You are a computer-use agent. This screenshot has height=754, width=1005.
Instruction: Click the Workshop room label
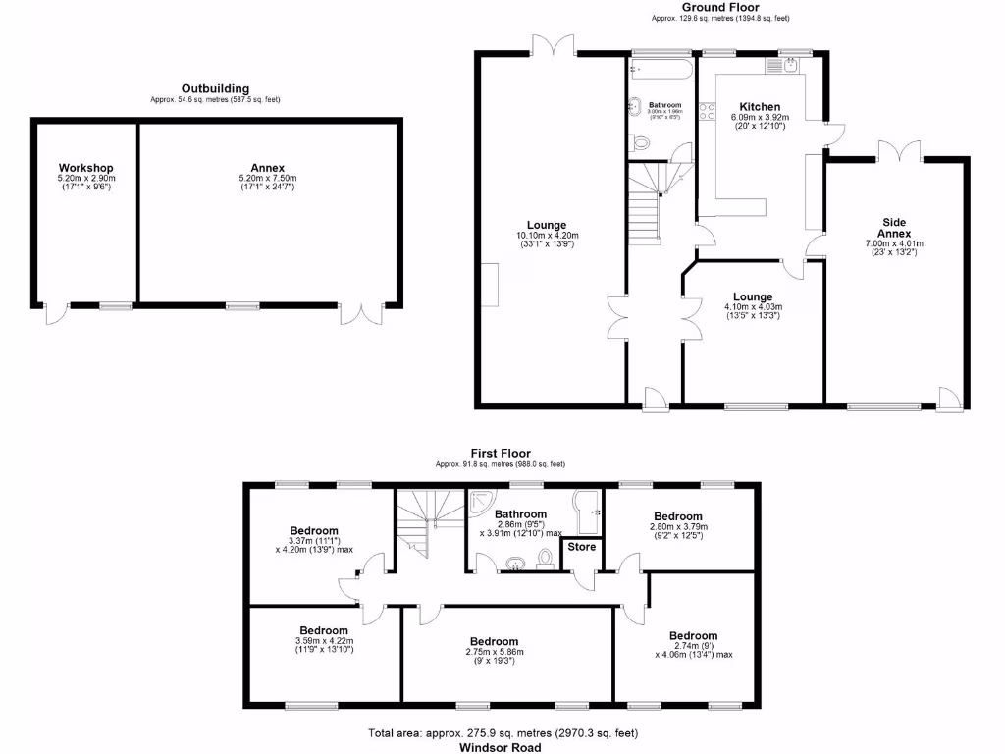coord(85,168)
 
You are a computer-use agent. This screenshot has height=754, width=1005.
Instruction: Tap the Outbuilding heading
coord(215,88)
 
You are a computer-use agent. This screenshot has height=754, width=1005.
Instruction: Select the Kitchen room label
coord(760,107)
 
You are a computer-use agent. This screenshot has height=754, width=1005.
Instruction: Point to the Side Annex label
coord(893,228)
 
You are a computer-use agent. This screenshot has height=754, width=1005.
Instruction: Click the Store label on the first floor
coord(582,547)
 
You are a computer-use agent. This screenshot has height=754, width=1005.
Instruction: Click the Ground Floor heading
coord(719,7)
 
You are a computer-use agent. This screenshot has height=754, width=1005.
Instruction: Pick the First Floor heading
coord(501,453)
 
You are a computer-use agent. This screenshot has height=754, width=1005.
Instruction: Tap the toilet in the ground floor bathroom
coord(641,143)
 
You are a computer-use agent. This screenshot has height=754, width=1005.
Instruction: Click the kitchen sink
coord(787,65)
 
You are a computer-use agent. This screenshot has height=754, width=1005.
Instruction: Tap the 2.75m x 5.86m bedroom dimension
coord(495,652)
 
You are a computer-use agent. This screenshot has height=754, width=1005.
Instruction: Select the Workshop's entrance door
coord(55,315)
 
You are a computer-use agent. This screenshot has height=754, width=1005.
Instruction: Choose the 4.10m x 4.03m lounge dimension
coord(753,307)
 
